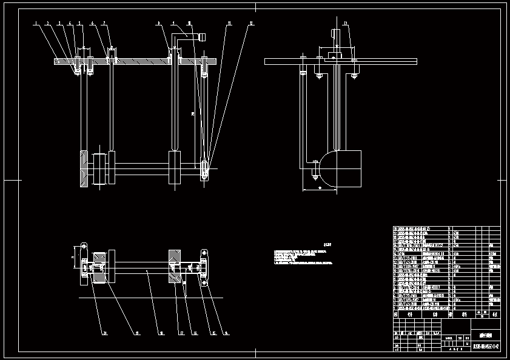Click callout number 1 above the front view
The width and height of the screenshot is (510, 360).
tap(36, 23)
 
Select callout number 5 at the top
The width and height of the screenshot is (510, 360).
tap(79, 23)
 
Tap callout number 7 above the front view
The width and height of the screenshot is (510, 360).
tap(104, 23)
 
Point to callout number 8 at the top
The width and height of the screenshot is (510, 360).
tap(158, 23)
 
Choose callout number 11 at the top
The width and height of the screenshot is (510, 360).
tap(229, 23)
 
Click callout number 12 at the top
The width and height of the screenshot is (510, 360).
tap(251, 23)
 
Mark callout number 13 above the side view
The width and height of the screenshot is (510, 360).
tap(345, 23)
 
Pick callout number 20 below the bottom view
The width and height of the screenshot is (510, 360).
tap(104, 333)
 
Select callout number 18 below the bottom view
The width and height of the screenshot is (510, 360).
tap(160, 333)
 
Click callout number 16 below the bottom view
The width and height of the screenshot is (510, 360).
tap(195, 333)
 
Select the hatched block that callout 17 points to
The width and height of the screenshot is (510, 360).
tap(174, 266)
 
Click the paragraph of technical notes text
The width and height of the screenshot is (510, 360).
tap(303, 256)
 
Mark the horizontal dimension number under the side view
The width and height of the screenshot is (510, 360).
tap(320, 188)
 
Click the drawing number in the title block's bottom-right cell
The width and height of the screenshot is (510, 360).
tap(486, 347)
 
